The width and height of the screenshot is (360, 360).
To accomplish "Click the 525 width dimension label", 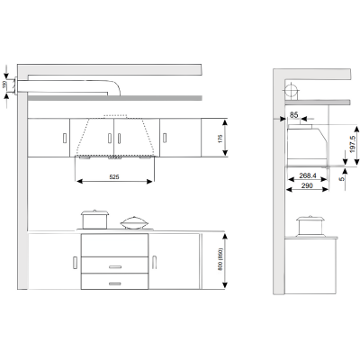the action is coord(114,177).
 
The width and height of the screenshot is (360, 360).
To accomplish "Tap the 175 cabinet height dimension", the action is coord(220,139).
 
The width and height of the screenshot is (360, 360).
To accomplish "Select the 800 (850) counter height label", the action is coord(220,259).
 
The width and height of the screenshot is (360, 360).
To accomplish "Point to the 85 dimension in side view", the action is coord(294,114).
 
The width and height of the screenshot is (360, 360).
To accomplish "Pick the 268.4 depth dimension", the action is coord(308,175).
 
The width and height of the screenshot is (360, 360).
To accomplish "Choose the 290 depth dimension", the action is coord(307,185).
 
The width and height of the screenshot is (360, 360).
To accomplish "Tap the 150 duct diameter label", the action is coord(4,85).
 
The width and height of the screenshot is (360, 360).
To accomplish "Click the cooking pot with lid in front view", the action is coord(94,220).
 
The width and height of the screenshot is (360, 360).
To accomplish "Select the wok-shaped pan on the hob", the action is coord(134,223).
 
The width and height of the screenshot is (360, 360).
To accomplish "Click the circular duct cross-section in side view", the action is coord(292,90).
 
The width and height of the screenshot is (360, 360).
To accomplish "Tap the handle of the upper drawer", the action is coord(115,266).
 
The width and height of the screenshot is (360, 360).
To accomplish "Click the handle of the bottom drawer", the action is coord(115,283).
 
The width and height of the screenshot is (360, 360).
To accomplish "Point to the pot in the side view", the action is coord(310,226).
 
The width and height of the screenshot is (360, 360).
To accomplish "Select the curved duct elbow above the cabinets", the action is coord(114,87).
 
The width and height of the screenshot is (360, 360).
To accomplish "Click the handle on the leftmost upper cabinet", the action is coord(65,138).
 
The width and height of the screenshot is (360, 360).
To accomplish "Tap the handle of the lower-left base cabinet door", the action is coord(75,263).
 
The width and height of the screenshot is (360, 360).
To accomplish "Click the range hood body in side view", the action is coord(307,145).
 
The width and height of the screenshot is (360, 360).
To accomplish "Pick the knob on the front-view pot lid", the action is coord(94,211).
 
